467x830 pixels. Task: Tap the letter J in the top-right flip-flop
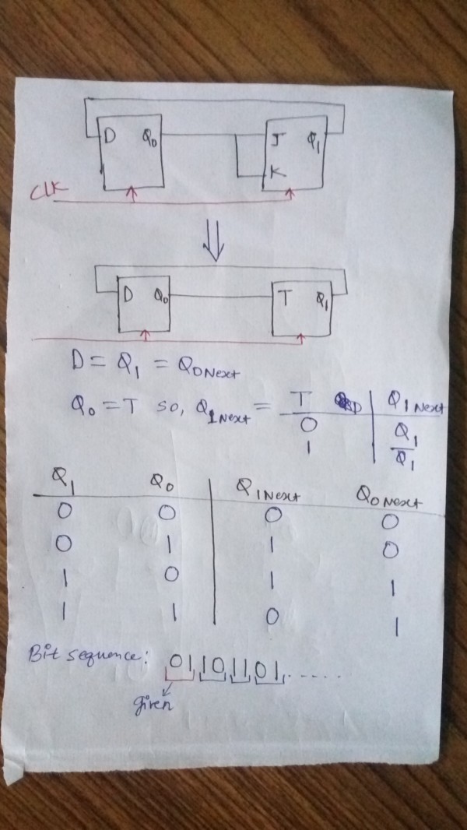coord(279,141)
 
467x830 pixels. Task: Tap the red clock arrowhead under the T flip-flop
coord(303,336)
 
